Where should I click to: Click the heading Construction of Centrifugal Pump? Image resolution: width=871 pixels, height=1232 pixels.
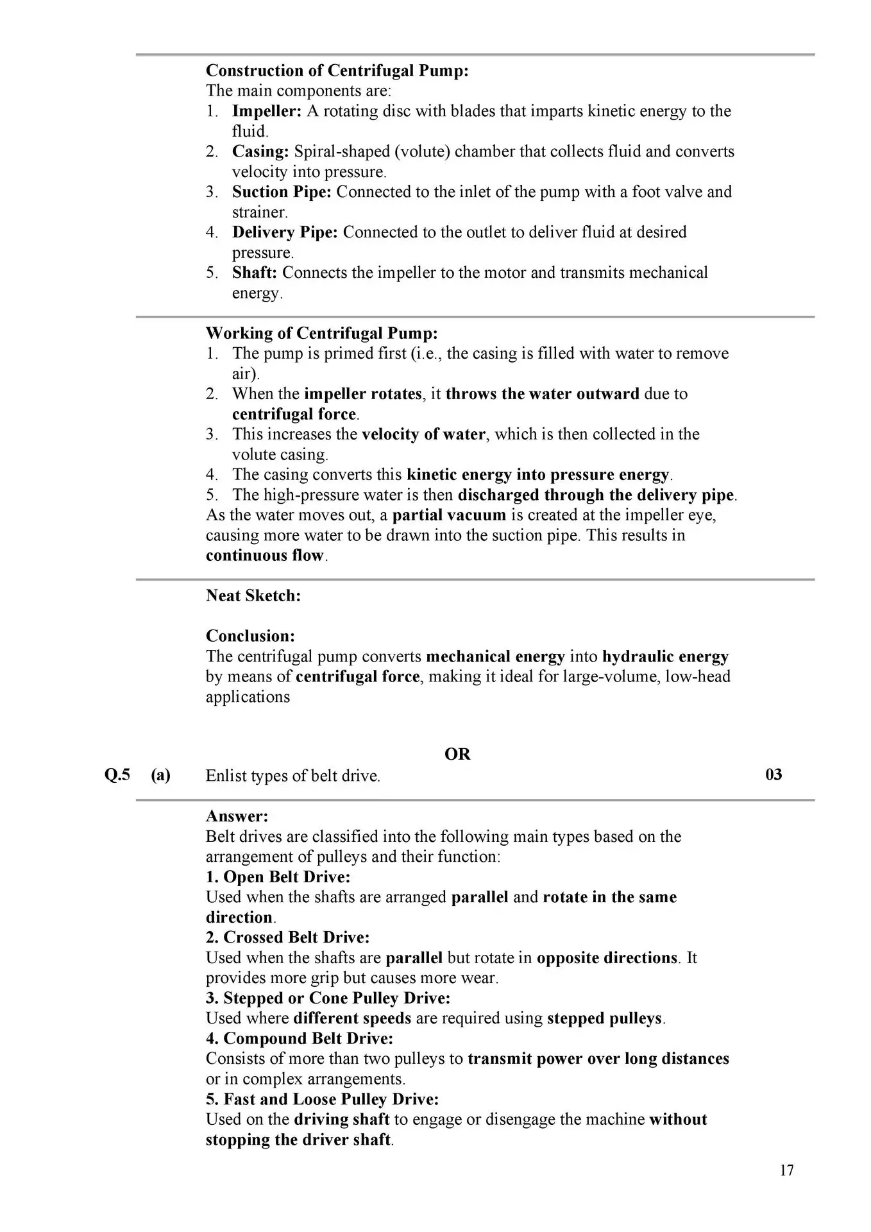(337, 71)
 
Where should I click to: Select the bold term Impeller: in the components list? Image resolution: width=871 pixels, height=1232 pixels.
(266, 111)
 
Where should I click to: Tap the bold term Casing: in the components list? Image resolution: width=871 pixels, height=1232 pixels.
(260, 151)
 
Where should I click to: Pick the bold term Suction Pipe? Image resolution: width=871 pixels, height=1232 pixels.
(282, 192)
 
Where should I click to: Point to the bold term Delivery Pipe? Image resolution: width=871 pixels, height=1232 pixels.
(285, 232)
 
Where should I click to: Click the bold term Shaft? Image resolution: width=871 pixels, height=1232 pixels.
(255, 273)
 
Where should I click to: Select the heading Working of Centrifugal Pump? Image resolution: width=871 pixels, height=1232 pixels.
(321, 333)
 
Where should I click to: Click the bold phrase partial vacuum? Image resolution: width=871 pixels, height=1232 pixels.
(449, 515)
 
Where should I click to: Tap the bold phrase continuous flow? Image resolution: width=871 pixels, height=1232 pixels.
(265, 555)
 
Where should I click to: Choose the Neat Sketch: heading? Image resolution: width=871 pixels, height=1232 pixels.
(253, 595)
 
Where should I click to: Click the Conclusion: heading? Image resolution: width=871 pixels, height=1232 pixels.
(250, 636)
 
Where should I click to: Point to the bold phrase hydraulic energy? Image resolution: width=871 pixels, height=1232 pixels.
(665, 656)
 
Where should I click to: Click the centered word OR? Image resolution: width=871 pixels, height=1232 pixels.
(457, 754)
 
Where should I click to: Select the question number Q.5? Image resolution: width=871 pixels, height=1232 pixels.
(117, 774)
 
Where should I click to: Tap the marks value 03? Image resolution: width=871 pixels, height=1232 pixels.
(774, 774)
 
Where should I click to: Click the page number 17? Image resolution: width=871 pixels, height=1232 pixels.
(786, 1170)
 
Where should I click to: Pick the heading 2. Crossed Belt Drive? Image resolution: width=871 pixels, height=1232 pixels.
(287, 937)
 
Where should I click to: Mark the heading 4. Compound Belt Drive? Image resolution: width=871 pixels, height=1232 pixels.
(299, 1038)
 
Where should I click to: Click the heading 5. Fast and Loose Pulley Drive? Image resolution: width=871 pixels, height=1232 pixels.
(322, 1099)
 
